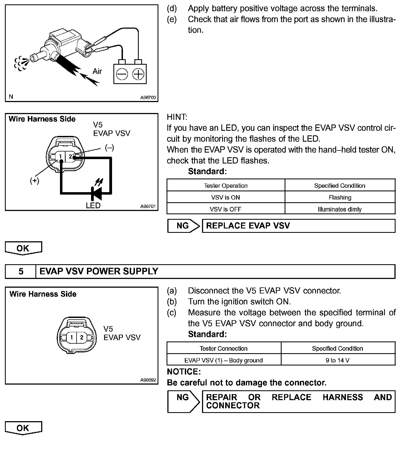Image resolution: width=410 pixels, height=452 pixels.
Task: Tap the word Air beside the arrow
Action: pyautogui.click(x=97, y=71)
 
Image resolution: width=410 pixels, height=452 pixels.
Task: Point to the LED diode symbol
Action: pyautogui.click(x=97, y=193)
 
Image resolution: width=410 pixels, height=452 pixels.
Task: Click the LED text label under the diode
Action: pyautogui.click(x=93, y=206)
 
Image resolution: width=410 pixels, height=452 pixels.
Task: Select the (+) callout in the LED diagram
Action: pyautogui.click(x=35, y=181)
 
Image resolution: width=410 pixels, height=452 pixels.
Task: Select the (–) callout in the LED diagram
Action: pyautogui.click(x=109, y=148)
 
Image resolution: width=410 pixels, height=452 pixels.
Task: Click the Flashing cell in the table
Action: pyautogui.click(x=340, y=197)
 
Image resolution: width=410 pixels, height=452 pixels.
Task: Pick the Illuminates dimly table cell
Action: pyautogui.click(x=340, y=209)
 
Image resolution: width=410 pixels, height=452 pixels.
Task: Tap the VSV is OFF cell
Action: pyautogui.click(x=225, y=209)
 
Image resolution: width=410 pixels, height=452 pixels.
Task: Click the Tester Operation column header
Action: pyautogui.click(x=226, y=186)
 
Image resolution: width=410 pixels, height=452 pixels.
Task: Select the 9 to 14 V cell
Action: pyautogui.click(x=337, y=360)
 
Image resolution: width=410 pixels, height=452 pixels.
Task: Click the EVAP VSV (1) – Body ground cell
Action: pyautogui.click(x=224, y=360)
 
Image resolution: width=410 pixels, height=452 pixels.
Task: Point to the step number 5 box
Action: pyautogui.click(x=21, y=271)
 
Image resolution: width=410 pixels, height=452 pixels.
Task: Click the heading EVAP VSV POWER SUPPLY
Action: pyautogui.click(x=99, y=271)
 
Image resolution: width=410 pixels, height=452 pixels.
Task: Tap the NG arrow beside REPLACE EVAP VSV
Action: pyautogui.click(x=183, y=226)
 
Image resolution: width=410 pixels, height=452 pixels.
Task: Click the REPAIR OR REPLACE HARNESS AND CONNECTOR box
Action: pyautogui.click(x=299, y=401)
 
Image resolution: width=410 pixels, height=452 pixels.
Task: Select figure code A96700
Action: pyautogui.click(x=148, y=97)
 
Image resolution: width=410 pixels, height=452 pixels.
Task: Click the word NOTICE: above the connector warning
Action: pyautogui.click(x=184, y=371)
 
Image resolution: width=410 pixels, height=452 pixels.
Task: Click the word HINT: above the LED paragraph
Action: pyautogui.click(x=177, y=117)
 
